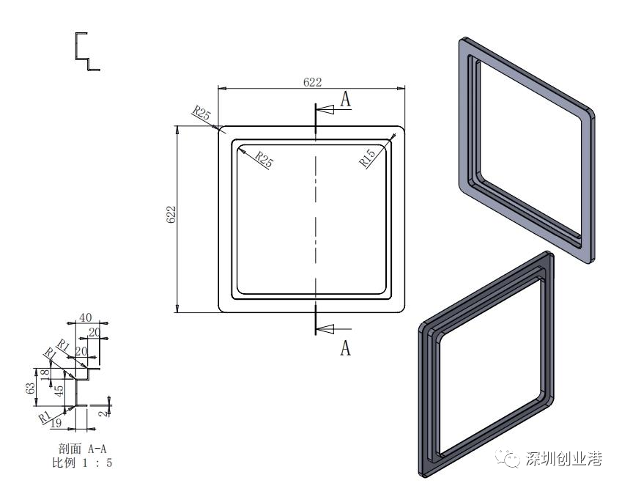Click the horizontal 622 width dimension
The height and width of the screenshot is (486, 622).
[312, 82]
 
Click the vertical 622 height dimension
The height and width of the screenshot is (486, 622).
[171, 214]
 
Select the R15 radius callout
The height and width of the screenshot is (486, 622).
[367, 158]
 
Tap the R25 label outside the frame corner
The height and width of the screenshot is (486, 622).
[201, 113]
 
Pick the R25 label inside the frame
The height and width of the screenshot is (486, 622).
[264, 159]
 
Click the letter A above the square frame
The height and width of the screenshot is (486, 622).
[346, 99]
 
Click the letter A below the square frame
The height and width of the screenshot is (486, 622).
[346, 347]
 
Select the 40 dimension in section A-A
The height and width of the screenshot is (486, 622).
[85, 317]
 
